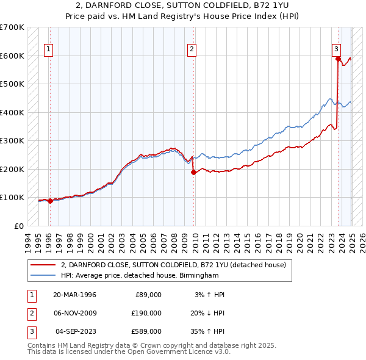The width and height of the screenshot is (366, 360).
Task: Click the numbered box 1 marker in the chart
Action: pyautogui.click(x=48, y=50)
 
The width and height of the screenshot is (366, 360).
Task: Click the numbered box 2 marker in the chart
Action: pyautogui.click(x=192, y=50)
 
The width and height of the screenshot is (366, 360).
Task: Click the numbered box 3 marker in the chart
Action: pyautogui.click(x=336, y=50)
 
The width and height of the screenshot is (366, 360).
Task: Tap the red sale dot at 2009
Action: pyautogui.click(x=193, y=172)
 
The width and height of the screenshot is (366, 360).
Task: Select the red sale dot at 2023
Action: pyautogui.click(x=338, y=59)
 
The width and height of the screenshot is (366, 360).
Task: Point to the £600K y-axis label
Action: pyautogui.click(x=12, y=56)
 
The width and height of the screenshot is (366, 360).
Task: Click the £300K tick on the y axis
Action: pyautogui.click(x=12, y=141)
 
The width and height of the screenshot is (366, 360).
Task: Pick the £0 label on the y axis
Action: pyautogui.click(x=19, y=226)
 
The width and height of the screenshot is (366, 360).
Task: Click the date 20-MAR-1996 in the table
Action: pyautogui.click(x=74, y=295)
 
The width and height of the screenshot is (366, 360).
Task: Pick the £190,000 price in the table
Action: pyautogui.click(x=146, y=313)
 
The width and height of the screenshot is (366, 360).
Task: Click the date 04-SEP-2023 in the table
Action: pyautogui.click(x=76, y=331)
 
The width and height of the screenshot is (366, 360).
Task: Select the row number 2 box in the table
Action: pyautogui.click(x=30, y=313)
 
